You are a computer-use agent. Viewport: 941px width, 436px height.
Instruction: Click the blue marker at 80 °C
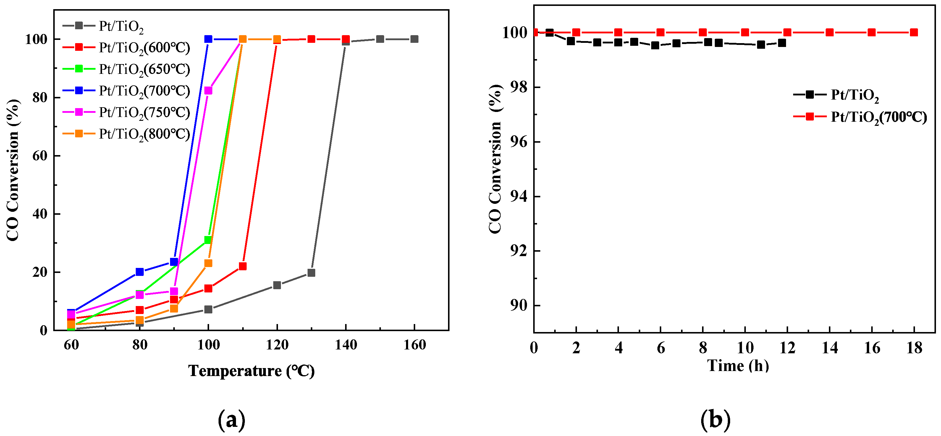[x=140, y=272]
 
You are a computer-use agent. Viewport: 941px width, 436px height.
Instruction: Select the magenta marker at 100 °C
[x=208, y=90]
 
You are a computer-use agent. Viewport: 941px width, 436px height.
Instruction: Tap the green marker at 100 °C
[x=208, y=240]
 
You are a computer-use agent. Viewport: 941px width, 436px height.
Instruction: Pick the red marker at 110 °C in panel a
[x=242, y=266]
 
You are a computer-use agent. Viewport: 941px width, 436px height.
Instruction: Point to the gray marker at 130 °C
[x=311, y=273]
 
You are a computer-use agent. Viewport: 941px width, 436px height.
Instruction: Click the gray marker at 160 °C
[x=414, y=39]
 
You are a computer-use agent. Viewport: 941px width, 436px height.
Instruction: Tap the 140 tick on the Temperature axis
[x=346, y=345]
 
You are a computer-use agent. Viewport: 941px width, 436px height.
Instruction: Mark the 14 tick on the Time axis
[x=830, y=348]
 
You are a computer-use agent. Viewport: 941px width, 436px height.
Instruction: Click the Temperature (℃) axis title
[x=251, y=371]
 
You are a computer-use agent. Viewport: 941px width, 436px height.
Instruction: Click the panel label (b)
[x=715, y=419]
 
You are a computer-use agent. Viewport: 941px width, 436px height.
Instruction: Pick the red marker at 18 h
[x=914, y=32]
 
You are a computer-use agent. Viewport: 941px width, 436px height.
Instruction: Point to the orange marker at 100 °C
[x=208, y=263]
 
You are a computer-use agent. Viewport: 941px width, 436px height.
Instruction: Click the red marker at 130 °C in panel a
[x=311, y=39]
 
